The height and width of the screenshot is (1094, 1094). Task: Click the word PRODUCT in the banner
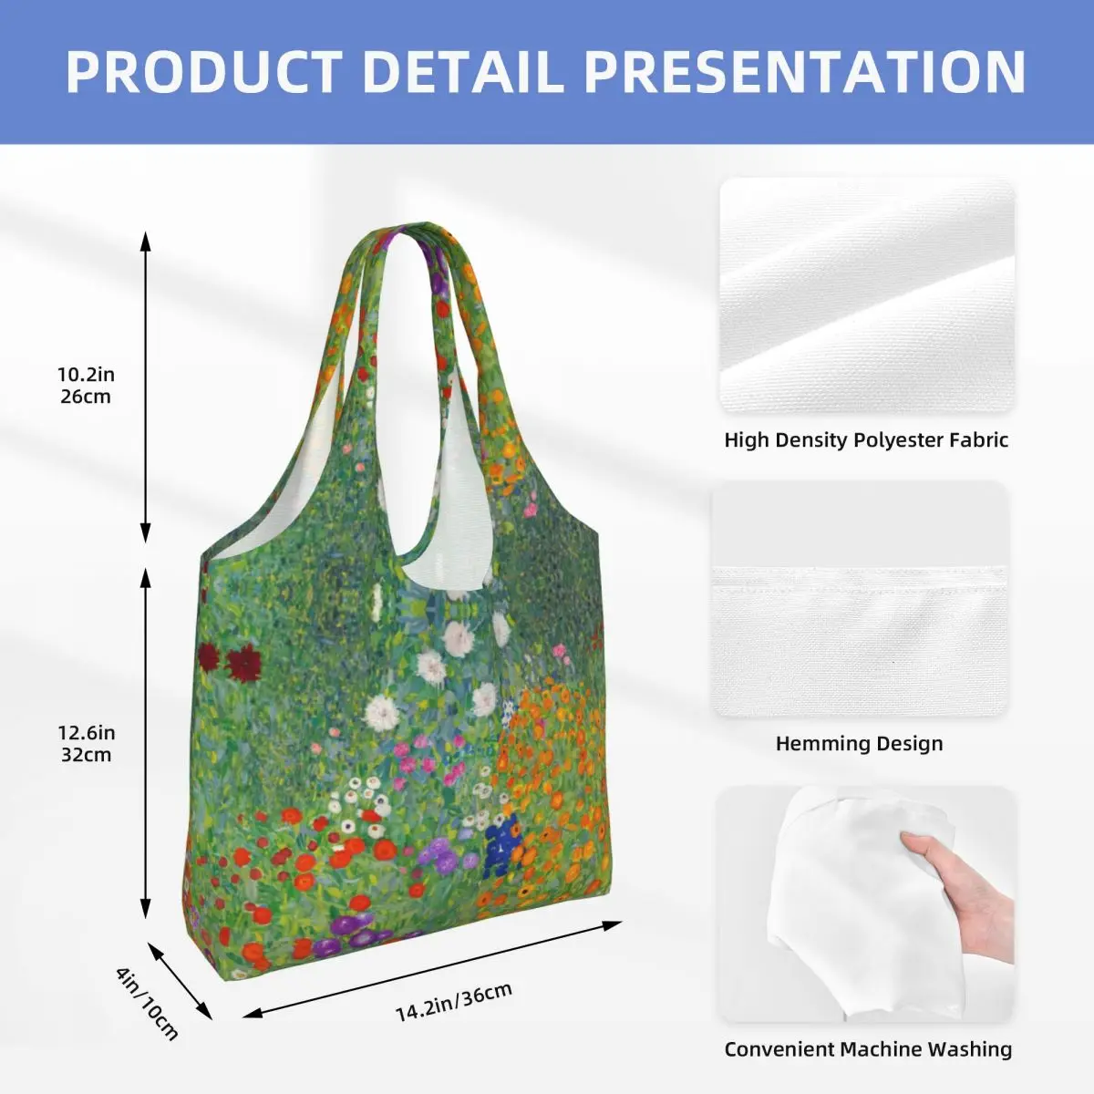pyautogui.click(x=204, y=71)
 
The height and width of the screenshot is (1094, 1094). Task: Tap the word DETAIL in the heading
pyautogui.click(x=465, y=71)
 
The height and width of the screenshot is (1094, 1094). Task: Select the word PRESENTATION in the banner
pyautogui.click(x=806, y=71)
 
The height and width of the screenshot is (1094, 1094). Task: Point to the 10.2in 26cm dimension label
pyautogui.click(x=86, y=385)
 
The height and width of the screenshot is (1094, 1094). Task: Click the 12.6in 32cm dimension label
pyautogui.click(x=86, y=744)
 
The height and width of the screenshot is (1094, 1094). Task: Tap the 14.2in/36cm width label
pyautogui.click(x=454, y=1001)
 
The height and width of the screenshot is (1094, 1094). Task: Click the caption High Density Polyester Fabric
pyautogui.click(x=866, y=440)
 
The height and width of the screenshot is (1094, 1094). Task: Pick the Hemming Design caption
pyautogui.click(x=859, y=743)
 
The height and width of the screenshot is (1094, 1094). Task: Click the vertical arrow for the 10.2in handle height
pyautogui.click(x=146, y=387)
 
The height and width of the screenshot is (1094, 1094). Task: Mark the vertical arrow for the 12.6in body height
pyautogui.click(x=146, y=743)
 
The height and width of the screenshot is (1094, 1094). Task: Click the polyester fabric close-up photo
pyautogui.click(x=867, y=295)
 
